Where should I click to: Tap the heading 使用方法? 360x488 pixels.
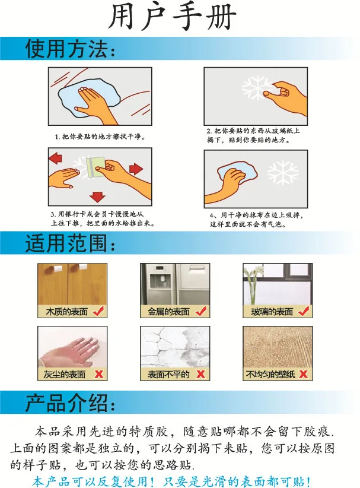[70, 49]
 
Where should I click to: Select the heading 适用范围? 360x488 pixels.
[70, 243]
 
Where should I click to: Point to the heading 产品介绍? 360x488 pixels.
[70, 403]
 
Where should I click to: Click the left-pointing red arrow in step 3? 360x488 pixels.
[55, 158]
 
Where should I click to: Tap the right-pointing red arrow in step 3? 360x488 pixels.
[136, 169]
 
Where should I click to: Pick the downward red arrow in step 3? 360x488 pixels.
[97, 197]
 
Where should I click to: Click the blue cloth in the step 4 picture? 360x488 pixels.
[237, 173]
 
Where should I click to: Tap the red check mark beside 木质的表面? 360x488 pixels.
[98, 311]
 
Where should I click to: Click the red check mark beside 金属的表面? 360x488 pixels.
[201, 311]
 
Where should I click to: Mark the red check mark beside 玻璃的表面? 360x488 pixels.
[304, 311]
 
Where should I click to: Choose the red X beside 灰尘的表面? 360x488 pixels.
[99, 374]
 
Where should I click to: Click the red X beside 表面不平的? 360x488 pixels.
[201, 374]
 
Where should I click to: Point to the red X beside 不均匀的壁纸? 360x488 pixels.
[303, 374]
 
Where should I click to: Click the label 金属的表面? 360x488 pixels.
[168, 312]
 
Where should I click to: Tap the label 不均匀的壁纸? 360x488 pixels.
[270, 374]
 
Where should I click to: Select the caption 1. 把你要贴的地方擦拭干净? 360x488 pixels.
[100, 137]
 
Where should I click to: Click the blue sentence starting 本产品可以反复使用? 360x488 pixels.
[171, 481]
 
